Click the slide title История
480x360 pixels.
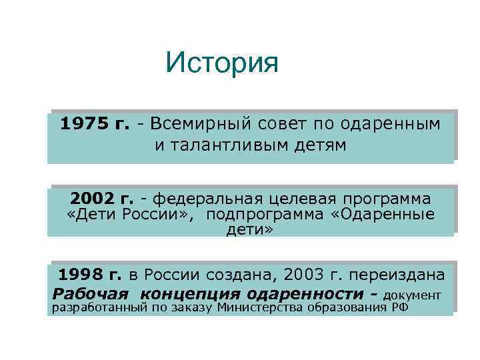[x=222, y=64]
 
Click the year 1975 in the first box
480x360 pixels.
[x=83, y=124]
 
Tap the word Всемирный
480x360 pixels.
[x=189, y=124]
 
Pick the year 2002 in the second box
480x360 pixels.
[x=93, y=199]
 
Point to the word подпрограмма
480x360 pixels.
[x=264, y=215]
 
